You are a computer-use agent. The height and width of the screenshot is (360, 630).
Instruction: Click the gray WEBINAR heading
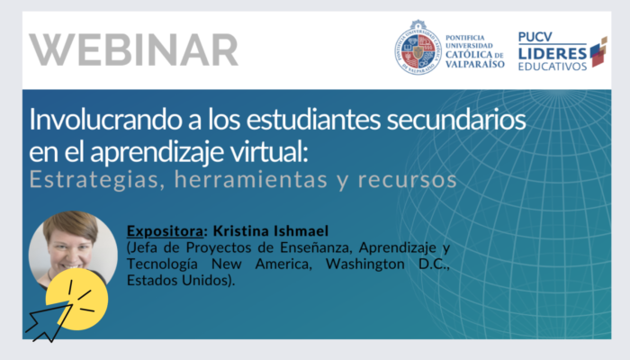(x=133, y=49)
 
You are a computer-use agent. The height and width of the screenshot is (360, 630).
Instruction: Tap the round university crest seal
(x=418, y=49)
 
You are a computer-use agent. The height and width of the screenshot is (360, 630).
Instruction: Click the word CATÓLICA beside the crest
(x=469, y=55)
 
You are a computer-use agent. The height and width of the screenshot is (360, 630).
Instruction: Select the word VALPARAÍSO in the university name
(x=475, y=64)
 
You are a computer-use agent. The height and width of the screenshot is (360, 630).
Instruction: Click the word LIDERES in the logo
(x=553, y=53)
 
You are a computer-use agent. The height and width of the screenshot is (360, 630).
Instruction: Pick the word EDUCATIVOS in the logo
(x=553, y=67)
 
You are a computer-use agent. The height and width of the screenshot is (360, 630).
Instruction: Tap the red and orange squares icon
(x=598, y=52)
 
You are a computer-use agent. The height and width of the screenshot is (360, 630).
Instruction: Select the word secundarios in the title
(x=456, y=120)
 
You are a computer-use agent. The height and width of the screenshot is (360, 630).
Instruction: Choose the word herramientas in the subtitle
(x=251, y=180)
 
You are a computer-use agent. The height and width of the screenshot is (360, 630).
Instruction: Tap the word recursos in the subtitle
(x=408, y=180)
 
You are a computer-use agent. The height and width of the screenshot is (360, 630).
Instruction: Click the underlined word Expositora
(x=165, y=231)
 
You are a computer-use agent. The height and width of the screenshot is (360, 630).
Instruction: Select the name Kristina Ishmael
(x=271, y=230)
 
